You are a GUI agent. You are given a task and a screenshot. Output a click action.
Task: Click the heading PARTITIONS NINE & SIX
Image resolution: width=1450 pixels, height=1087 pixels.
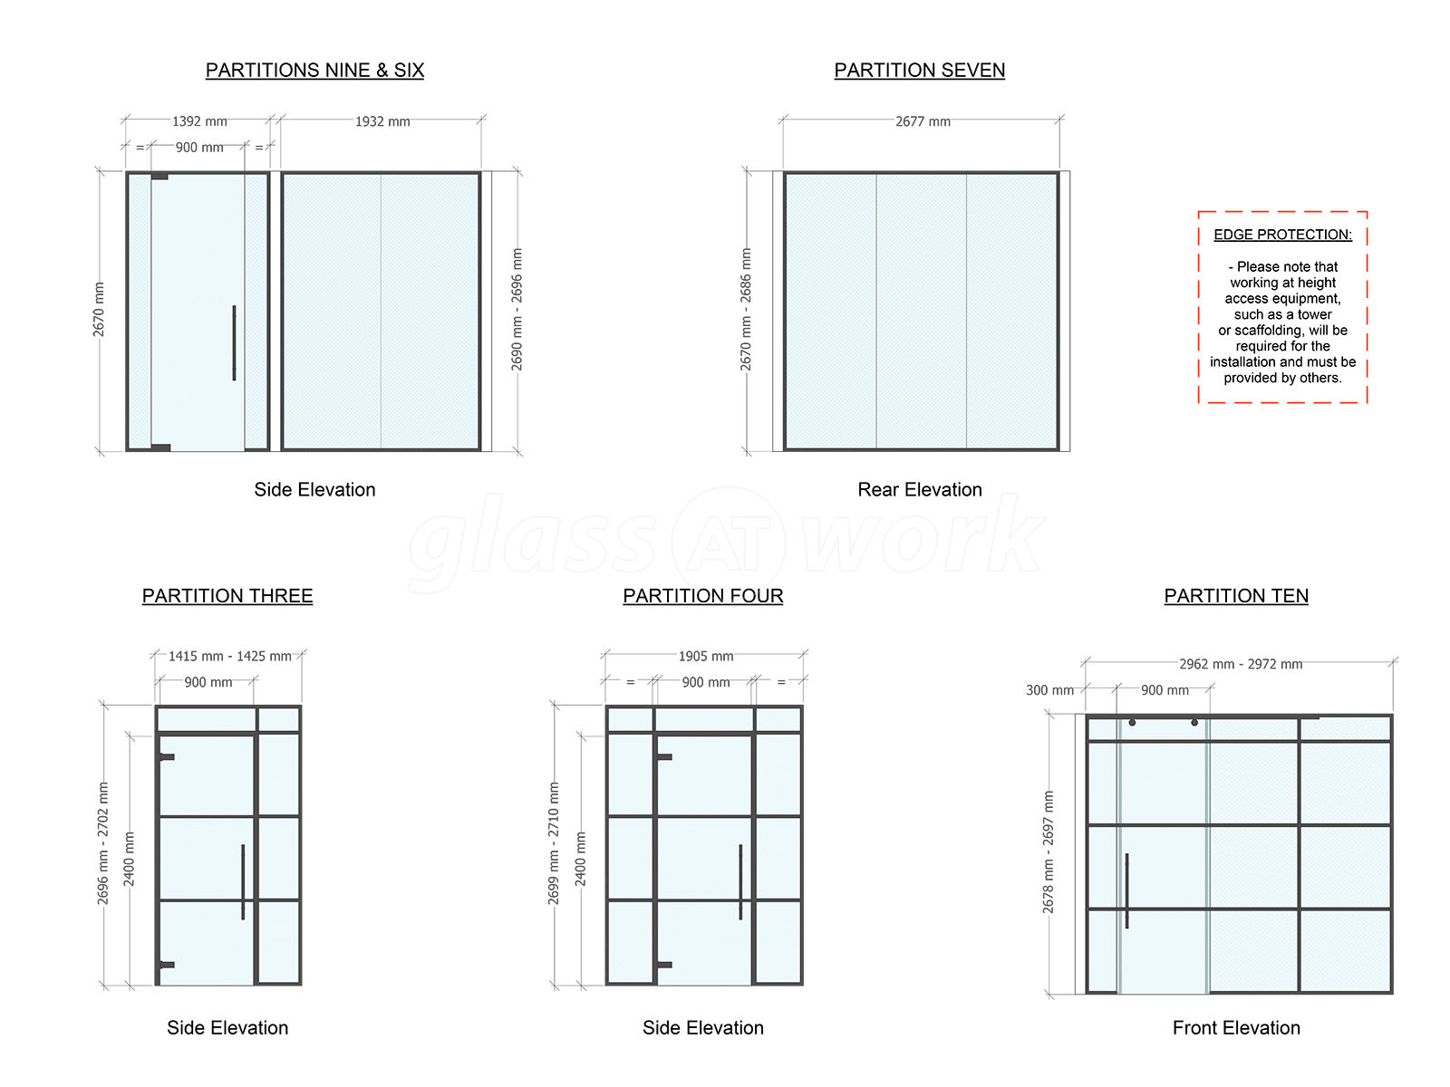(x=314, y=70)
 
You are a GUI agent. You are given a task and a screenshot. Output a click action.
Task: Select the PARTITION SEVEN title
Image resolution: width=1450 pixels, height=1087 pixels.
(x=919, y=70)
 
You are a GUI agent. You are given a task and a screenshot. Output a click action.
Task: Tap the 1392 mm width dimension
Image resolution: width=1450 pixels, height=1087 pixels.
(x=199, y=121)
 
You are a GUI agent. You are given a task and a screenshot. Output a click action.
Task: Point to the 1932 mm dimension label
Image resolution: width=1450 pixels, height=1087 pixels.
(x=382, y=121)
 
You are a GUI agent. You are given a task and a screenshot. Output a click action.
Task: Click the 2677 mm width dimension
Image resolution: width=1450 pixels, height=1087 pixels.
(x=923, y=121)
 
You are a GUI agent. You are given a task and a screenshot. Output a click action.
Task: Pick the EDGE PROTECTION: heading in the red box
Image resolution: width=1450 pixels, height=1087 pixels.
(x=1282, y=235)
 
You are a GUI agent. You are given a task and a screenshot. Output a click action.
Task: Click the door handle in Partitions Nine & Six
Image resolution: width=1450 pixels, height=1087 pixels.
(x=234, y=342)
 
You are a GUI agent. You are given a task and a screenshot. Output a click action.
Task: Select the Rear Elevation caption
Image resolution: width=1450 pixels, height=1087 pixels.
(x=920, y=489)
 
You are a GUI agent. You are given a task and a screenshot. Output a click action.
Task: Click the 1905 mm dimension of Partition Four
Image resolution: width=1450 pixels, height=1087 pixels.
(x=705, y=656)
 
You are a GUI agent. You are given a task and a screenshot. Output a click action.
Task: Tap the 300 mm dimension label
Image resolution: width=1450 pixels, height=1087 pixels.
(x=1049, y=690)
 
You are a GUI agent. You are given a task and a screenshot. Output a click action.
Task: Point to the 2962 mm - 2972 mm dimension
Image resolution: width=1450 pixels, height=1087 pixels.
(x=1241, y=664)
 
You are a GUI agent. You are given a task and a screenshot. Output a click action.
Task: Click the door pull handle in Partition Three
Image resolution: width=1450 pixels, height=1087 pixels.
(x=243, y=881)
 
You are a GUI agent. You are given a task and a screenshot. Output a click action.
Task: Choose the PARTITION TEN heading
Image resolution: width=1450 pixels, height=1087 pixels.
(x=1235, y=596)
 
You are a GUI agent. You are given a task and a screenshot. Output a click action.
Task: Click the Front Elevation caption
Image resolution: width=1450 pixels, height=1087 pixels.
(x=1236, y=1027)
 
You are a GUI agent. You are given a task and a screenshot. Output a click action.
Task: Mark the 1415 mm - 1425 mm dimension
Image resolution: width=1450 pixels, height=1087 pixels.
(x=230, y=656)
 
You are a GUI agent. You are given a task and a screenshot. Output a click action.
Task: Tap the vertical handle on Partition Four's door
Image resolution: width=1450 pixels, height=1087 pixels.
(x=740, y=881)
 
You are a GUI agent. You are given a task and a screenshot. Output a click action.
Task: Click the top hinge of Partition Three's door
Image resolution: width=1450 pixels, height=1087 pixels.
(x=167, y=757)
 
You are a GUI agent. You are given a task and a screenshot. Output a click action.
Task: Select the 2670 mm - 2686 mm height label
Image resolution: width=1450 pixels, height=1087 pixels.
(x=745, y=310)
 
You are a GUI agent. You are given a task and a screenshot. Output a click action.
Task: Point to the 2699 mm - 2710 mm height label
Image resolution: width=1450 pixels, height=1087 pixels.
(x=553, y=843)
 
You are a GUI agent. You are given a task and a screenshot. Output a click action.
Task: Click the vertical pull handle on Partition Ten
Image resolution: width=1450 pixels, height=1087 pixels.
(x=1126, y=890)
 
